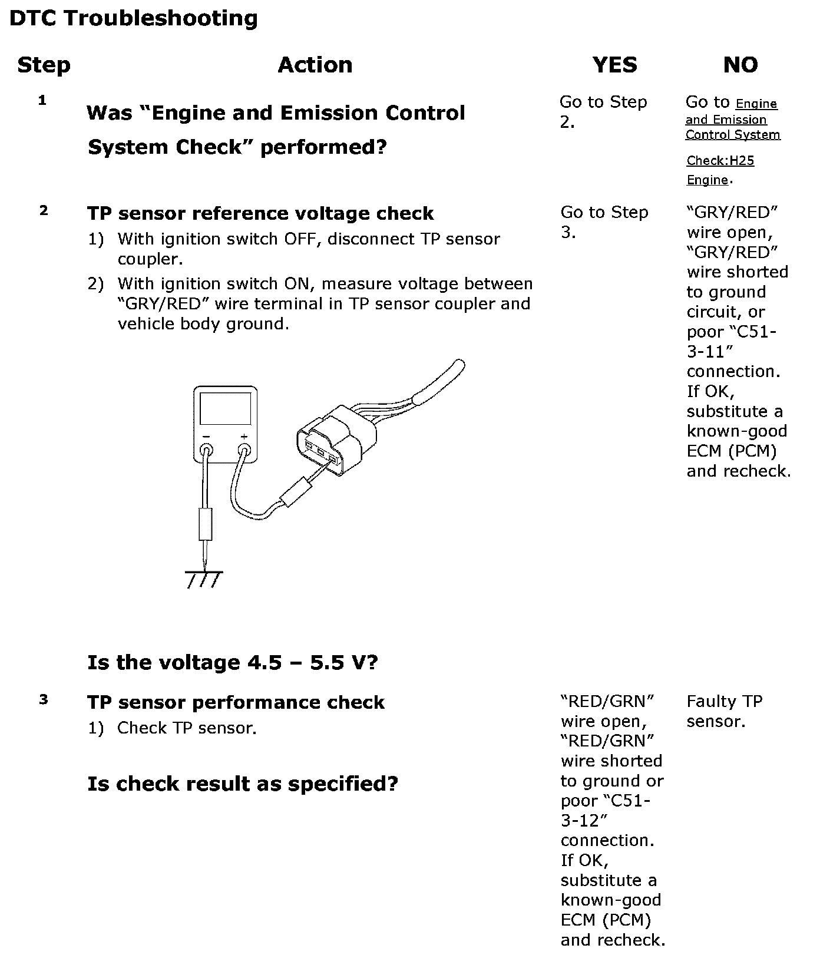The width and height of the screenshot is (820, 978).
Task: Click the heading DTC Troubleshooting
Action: pyautogui.click(x=134, y=19)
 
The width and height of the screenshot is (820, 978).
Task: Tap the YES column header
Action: pyautogui.click(x=614, y=65)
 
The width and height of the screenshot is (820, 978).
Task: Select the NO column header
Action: pyautogui.click(x=740, y=65)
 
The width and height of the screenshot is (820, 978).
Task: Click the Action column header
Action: pyautogui.click(x=315, y=65)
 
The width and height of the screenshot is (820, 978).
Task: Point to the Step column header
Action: pyautogui.click(x=44, y=65)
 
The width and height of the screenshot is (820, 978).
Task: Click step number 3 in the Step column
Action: pyautogui.click(x=43, y=700)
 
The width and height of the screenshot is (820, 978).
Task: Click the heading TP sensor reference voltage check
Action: pyautogui.click(x=260, y=213)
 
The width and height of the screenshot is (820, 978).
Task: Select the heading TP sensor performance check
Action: pyautogui.click(x=236, y=702)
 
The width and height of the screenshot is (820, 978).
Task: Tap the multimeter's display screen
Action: pyautogui.click(x=225, y=409)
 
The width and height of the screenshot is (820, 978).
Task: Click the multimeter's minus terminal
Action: pyautogui.click(x=207, y=451)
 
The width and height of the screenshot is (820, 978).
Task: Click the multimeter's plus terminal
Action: pyautogui.click(x=244, y=451)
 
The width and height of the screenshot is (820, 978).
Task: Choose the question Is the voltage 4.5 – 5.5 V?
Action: pyautogui.click(x=233, y=663)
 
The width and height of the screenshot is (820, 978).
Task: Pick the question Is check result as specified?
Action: pyautogui.click(x=243, y=784)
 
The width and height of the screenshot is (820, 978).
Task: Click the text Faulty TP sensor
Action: pyautogui.click(x=725, y=711)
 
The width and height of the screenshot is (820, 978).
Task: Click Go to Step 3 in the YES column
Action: pyautogui.click(x=604, y=222)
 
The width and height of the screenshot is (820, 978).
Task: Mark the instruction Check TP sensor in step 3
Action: pyautogui.click(x=187, y=728)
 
